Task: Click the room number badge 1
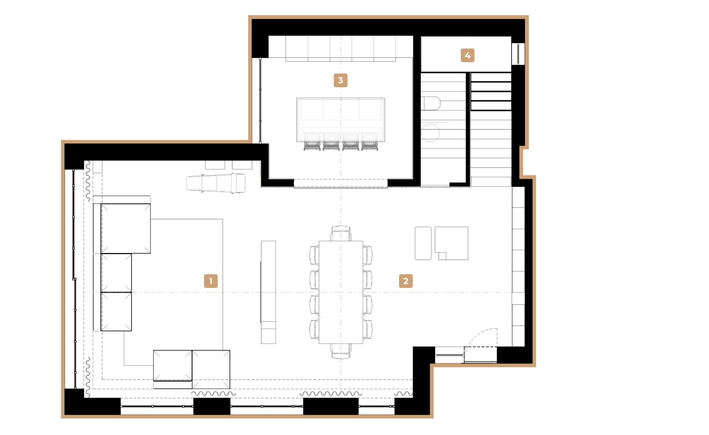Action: [211, 281]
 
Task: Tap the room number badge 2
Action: [406, 281]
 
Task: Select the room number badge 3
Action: [340, 80]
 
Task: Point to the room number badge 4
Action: [467, 55]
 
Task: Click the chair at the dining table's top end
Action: [341, 234]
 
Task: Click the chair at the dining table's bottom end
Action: [341, 351]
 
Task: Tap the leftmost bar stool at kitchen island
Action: [312, 141]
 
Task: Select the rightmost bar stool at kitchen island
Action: [370, 141]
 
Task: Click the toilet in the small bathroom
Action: [431, 103]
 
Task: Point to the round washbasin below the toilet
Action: [430, 133]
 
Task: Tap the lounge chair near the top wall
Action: [216, 183]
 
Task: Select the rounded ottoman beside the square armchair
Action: [423, 243]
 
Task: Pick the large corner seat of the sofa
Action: [125, 228]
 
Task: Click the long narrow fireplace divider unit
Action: [268, 291]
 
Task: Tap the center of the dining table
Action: [341, 292]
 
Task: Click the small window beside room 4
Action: [518, 54]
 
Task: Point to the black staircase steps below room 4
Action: [491, 92]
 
